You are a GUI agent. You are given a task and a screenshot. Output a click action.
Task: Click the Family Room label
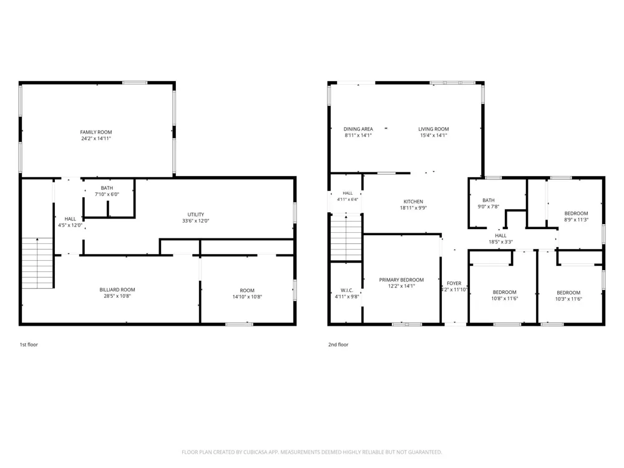[x=96, y=132]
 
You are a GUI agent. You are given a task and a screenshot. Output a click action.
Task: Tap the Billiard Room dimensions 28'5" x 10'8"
[x=117, y=296]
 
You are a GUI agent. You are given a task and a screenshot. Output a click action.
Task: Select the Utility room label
[x=196, y=215]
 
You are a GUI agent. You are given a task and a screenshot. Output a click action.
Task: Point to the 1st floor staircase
[x=37, y=263]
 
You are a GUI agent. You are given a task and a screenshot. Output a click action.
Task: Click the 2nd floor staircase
[x=346, y=238]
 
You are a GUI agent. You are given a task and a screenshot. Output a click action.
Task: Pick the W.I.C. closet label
[x=347, y=291]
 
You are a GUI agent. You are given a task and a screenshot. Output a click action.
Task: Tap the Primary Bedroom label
[x=401, y=280]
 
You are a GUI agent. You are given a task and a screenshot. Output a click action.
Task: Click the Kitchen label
[x=413, y=202]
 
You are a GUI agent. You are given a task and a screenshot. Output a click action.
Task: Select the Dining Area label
[x=358, y=129]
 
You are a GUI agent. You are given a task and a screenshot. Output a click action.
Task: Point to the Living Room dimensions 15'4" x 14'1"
[x=434, y=135]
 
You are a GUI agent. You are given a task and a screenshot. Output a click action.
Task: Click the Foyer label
[x=454, y=283]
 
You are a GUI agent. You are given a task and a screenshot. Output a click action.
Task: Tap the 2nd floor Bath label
[x=489, y=200]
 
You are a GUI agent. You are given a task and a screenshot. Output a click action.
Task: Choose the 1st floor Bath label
[x=107, y=188]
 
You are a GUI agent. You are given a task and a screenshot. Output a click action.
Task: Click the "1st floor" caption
[x=29, y=344]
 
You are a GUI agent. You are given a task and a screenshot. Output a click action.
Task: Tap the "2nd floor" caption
[x=338, y=344]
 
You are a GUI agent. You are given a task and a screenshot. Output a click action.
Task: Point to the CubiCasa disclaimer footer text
[x=311, y=452]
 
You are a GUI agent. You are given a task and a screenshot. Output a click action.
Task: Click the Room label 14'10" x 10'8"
[x=247, y=291]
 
